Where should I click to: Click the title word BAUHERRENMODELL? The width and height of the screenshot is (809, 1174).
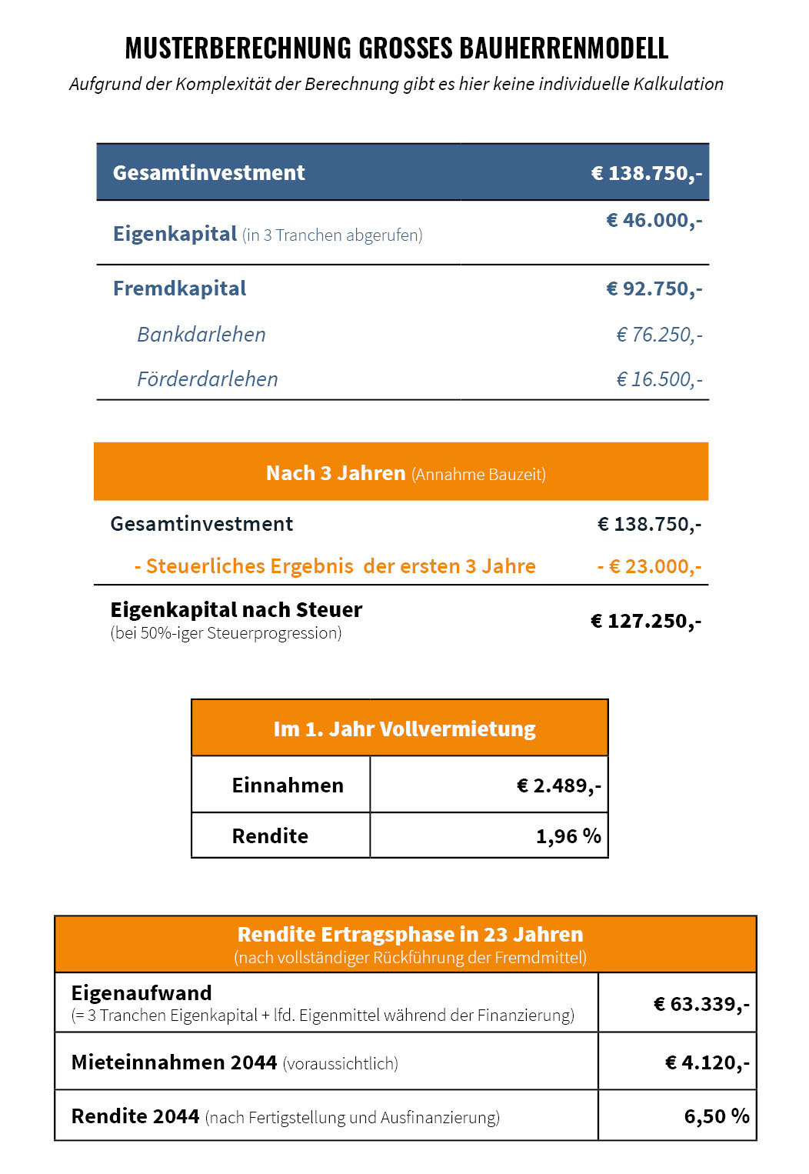[x=564, y=48]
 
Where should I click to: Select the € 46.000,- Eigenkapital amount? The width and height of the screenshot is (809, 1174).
[x=654, y=221]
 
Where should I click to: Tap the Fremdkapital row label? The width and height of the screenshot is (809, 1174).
[x=179, y=288]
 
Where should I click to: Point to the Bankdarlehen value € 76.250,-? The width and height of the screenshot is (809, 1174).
[x=659, y=335]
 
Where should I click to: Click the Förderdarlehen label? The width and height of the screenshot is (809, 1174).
[x=207, y=379]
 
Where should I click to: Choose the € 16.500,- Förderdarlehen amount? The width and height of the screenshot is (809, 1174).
[x=659, y=379]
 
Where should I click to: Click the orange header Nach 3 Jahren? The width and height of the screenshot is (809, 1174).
[x=335, y=473]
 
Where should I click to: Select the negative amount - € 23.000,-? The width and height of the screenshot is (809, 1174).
[x=649, y=567]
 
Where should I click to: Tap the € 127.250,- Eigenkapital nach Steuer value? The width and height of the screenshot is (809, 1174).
[x=645, y=621]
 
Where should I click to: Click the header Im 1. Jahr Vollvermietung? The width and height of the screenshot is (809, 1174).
[x=404, y=729]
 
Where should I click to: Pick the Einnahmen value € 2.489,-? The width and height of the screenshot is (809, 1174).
[x=558, y=785]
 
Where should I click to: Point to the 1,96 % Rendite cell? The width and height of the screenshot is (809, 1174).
[x=568, y=836]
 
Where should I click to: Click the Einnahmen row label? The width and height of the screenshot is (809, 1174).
[x=288, y=785]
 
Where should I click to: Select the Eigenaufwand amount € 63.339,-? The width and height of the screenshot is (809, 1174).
[x=701, y=1004]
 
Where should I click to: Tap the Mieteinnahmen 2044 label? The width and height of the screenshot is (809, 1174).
[x=174, y=1062]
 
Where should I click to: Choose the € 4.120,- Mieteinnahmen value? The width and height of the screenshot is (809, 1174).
[x=707, y=1062]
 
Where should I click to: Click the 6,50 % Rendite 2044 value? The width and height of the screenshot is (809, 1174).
[x=716, y=1116]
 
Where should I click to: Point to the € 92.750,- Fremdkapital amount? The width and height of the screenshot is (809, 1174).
[x=654, y=289]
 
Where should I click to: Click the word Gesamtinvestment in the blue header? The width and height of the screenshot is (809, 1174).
[x=208, y=173]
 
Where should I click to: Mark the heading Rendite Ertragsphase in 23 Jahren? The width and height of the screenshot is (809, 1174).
[x=410, y=935]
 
